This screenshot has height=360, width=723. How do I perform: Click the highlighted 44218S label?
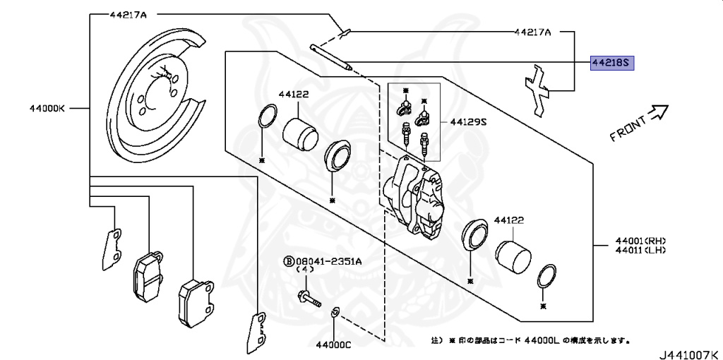click(x=612, y=63)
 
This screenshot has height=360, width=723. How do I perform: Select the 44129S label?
click(x=468, y=122)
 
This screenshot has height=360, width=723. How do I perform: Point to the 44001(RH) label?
click(x=640, y=241)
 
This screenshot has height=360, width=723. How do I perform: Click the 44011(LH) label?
click(x=640, y=250)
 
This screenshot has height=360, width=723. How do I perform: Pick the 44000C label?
click(x=334, y=344)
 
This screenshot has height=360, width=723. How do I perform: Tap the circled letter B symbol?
click(x=289, y=262)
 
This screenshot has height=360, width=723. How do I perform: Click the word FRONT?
click(x=628, y=129)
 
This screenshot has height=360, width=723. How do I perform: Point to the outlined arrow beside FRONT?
click(x=659, y=112)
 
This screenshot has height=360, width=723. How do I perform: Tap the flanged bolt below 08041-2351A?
click(x=309, y=298)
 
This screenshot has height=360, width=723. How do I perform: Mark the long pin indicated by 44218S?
click(x=331, y=57)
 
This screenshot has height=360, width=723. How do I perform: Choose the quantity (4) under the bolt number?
click(x=304, y=270)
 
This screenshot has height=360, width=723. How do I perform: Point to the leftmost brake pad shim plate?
click(x=111, y=249)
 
